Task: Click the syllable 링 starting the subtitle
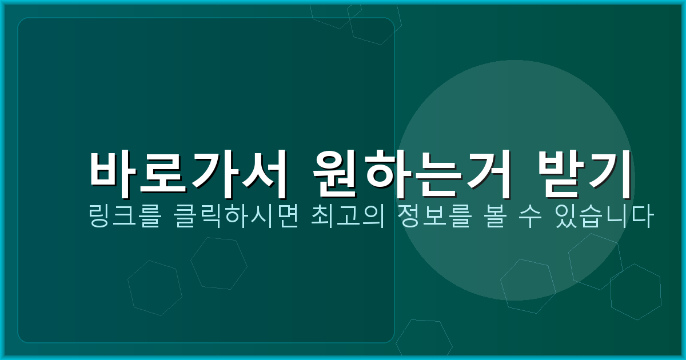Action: (x=99, y=218)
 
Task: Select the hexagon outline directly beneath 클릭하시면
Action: (x=218, y=263)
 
